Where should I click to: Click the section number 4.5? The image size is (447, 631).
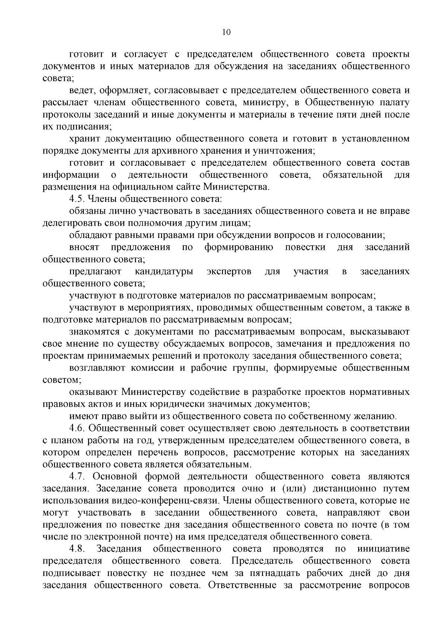pos(77,199)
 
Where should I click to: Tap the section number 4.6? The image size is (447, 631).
pos(77,428)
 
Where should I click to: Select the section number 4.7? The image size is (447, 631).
pos(77,476)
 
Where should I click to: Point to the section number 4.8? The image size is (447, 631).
pos(77,549)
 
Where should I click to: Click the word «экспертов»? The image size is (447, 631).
pos(229,272)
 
